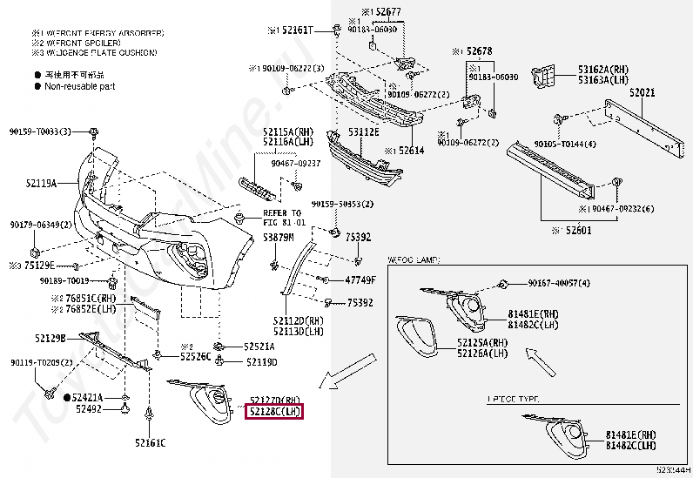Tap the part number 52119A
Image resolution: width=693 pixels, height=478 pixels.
coord(39,184)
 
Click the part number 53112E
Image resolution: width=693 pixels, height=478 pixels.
coord(363,132)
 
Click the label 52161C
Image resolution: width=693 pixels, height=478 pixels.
coord(150,443)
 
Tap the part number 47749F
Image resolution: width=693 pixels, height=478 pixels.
coord(360,280)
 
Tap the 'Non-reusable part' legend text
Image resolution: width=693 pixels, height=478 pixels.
coord(81,86)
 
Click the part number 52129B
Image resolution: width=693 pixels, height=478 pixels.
coord(50,337)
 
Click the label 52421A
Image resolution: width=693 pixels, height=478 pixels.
coord(88,397)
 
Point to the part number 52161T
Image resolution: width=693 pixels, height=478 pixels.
coord(292,30)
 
